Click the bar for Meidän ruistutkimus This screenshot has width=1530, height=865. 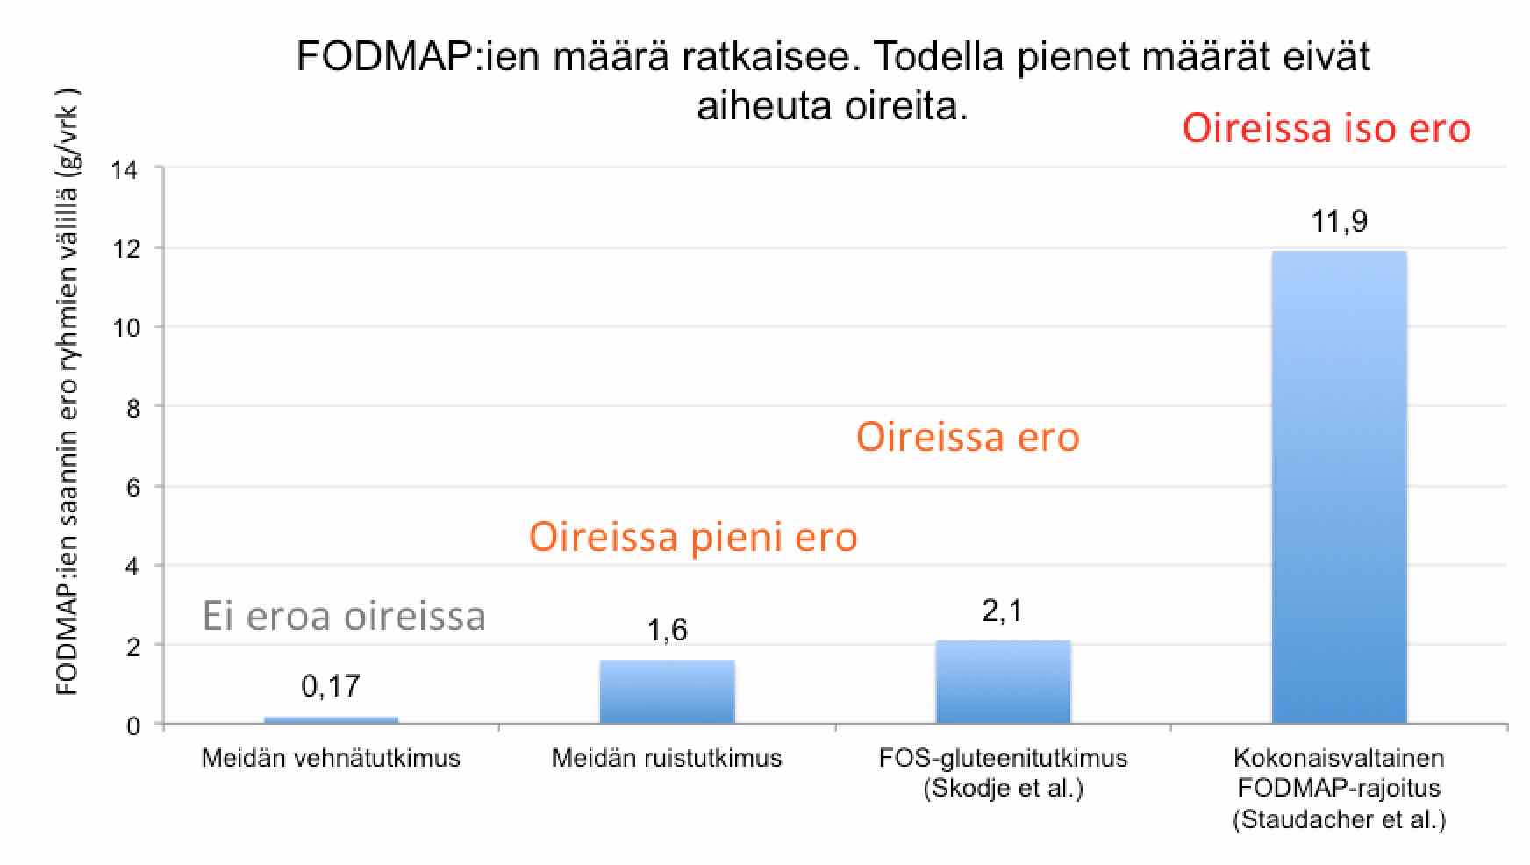point(667,692)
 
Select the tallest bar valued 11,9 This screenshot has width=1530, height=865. point(1339,488)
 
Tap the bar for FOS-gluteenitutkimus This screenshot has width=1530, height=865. point(1003,683)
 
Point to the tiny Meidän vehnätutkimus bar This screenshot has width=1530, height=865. point(331,720)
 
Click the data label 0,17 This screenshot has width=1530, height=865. point(331,686)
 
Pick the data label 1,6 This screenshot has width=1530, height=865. point(667,630)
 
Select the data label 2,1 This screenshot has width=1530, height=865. point(1003,611)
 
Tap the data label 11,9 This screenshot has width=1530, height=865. point(1339,221)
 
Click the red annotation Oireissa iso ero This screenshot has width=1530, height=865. point(1326,128)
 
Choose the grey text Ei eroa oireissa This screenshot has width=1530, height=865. point(344,616)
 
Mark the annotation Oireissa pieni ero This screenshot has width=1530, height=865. point(693,537)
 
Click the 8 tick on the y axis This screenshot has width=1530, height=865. point(132,408)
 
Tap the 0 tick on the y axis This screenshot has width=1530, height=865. point(132,726)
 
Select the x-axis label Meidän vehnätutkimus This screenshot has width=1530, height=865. point(331,758)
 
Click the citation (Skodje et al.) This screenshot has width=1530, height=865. point(1003,789)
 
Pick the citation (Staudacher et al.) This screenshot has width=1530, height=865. point(1339,820)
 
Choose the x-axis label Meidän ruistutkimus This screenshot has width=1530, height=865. point(667,758)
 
